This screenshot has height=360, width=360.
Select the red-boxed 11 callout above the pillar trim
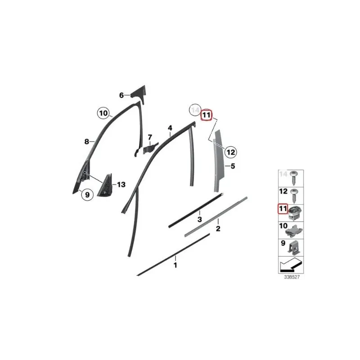(x=206, y=115)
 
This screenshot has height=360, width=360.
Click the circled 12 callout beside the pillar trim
(x=230, y=152)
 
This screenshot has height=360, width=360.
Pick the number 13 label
(x=121, y=184)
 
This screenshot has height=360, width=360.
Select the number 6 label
(x=121, y=95)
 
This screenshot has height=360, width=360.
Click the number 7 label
(x=150, y=137)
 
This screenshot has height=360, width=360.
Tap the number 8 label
(x=87, y=142)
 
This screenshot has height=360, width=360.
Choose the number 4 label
(x=170, y=128)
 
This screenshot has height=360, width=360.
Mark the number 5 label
(x=233, y=166)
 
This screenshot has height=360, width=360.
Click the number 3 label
(x=199, y=219)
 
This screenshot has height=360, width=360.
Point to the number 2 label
(x=218, y=229)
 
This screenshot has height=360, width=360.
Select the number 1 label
(x=175, y=265)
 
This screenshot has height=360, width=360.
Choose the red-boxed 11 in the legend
(x=283, y=209)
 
